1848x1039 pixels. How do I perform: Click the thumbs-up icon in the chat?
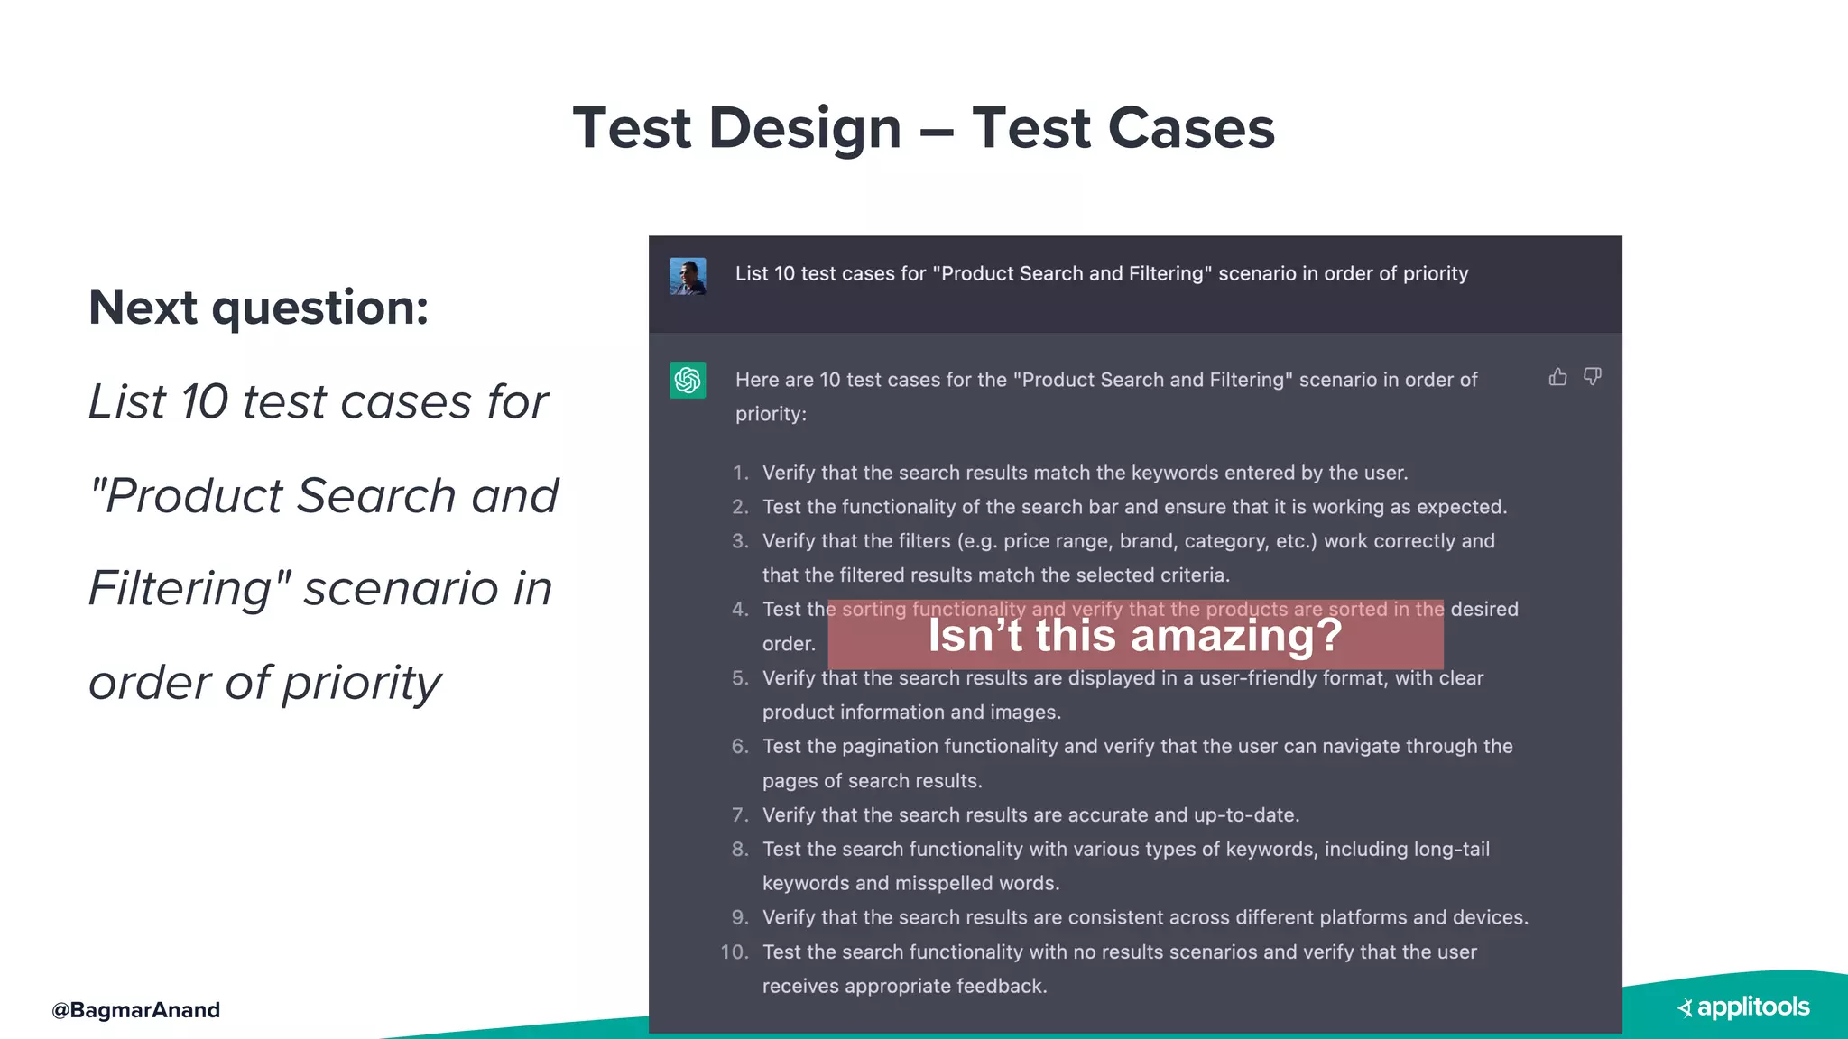[x=1557, y=377]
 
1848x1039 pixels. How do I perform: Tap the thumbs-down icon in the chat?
[x=1593, y=376]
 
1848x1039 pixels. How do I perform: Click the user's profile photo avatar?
[x=688, y=276]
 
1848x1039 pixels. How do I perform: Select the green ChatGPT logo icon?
[x=688, y=380]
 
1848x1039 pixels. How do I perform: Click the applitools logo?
[x=1744, y=1007]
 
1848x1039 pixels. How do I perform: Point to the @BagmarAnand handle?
[x=136, y=1010]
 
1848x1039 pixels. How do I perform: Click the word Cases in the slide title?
[x=1190, y=127]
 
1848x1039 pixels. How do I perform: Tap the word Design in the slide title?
[x=805, y=127]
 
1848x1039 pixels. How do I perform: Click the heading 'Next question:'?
[x=259, y=308]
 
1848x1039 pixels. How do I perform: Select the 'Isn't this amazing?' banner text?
[x=1135, y=635]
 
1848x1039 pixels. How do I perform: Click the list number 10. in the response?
[x=735, y=952]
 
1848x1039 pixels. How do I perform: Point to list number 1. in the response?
[x=740, y=473]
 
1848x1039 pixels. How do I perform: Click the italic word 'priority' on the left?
[x=362, y=683]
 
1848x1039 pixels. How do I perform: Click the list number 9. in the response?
[x=740, y=917]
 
